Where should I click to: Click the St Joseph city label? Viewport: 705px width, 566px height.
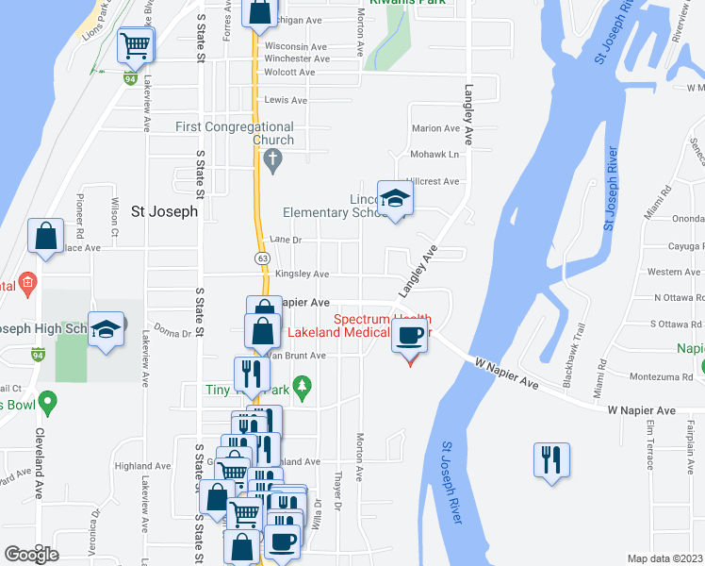click(164, 211)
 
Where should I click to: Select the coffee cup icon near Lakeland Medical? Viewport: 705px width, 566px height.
click(409, 335)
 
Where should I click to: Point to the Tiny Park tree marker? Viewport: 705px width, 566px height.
click(302, 385)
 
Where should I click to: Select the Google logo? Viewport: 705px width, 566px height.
click(31, 554)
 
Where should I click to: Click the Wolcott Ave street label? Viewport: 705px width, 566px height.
click(289, 72)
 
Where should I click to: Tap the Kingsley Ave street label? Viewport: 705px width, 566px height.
click(302, 275)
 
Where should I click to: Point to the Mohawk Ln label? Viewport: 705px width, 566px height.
click(434, 154)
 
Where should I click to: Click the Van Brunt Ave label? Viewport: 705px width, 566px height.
click(298, 356)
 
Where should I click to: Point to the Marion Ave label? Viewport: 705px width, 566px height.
click(434, 128)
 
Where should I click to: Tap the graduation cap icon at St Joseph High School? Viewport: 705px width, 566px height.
click(107, 329)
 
